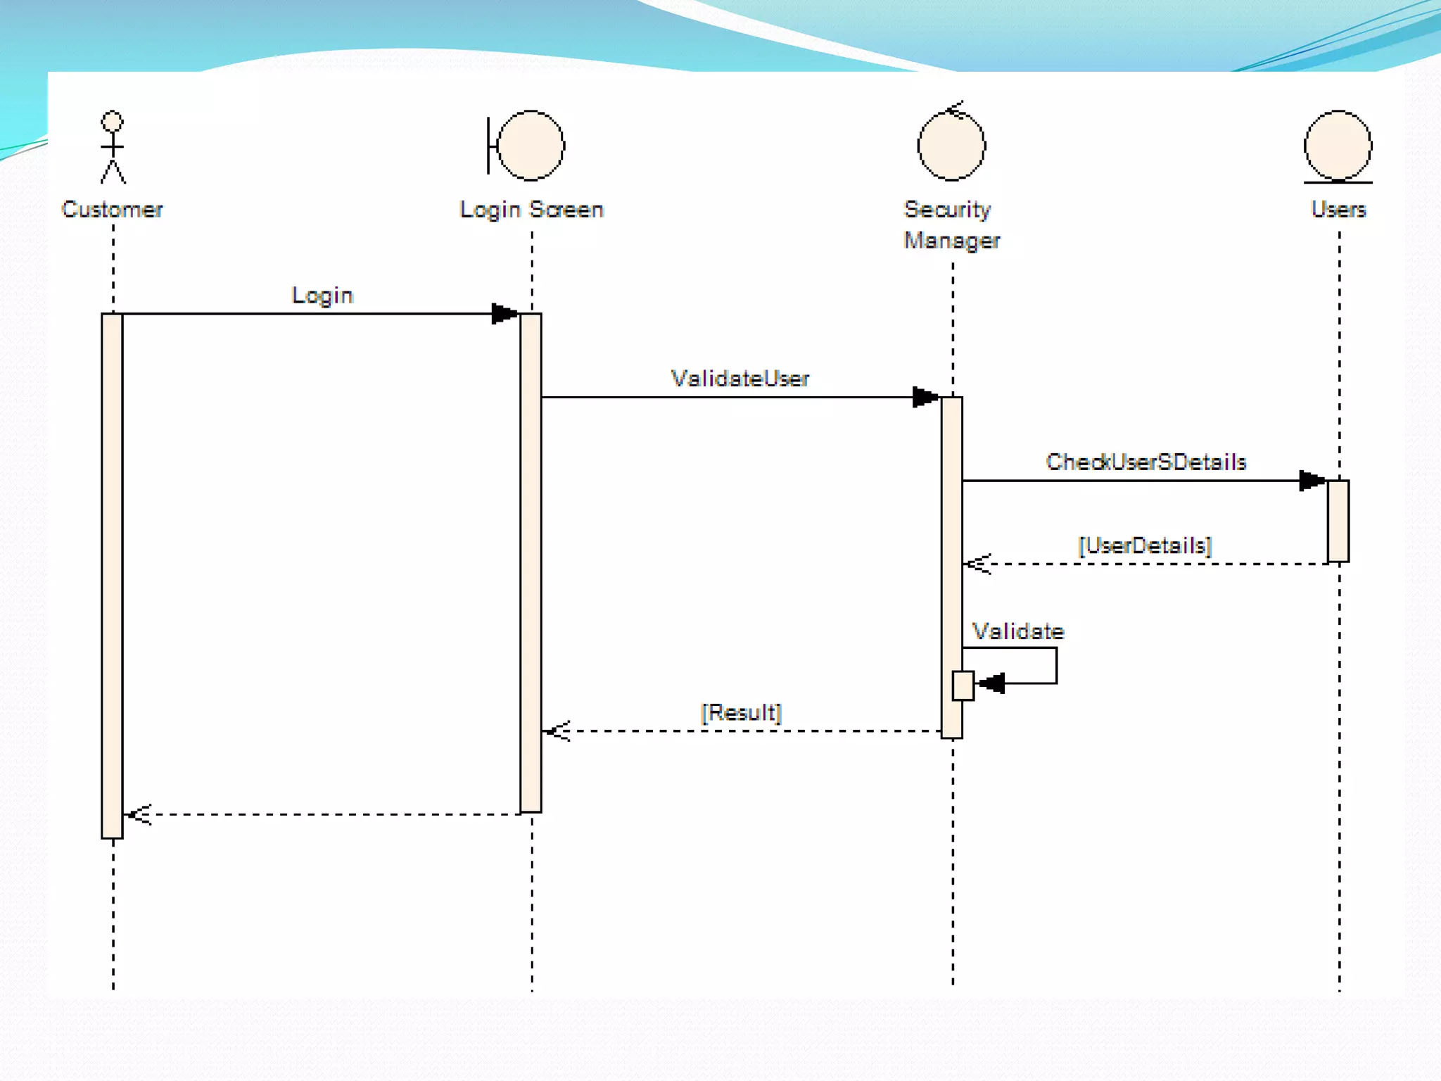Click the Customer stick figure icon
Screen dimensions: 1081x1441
(x=113, y=147)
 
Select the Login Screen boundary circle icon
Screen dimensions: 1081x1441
(x=530, y=146)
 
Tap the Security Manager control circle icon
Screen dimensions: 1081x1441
(x=951, y=146)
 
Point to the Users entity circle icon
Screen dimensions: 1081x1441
(x=1338, y=146)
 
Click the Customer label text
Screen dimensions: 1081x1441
(x=112, y=209)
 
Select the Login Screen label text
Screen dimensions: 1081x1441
(x=531, y=209)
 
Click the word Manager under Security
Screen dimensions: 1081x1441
(x=951, y=241)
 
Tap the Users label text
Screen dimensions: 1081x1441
(x=1338, y=209)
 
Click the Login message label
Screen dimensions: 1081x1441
(x=322, y=296)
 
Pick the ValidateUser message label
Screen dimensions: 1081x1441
(x=740, y=379)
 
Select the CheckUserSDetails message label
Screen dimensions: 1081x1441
(x=1145, y=462)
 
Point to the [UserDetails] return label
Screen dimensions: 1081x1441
(x=1145, y=545)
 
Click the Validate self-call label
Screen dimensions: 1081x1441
(x=1017, y=631)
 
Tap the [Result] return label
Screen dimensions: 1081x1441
(x=742, y=712)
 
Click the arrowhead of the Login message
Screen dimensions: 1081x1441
(x=504, y=314)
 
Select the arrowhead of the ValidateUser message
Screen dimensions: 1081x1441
(x=925, y=397)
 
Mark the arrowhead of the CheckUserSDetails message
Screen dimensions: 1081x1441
(x=1312, y=481)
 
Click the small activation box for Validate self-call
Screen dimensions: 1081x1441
(x=963, y=685)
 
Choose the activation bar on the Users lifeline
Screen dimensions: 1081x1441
(x=1338, y=521)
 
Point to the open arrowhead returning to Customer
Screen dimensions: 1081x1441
(x=139, y=814)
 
